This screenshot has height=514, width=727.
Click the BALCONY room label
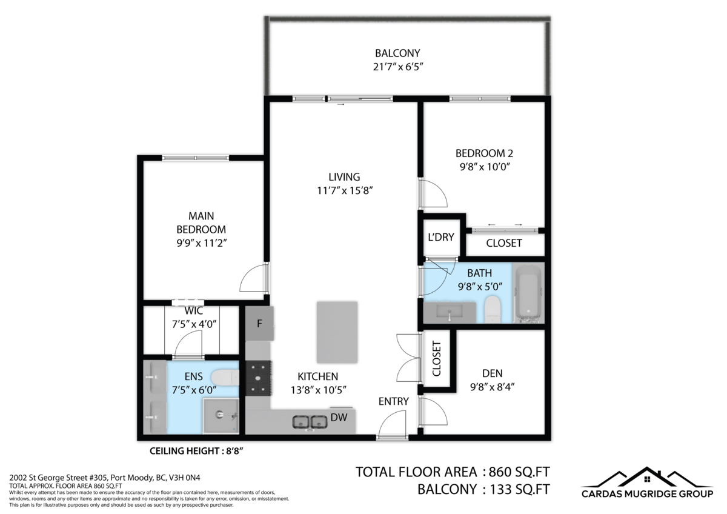click(x=397, y=53)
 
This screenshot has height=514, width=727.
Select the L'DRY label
click(x=440, y=237)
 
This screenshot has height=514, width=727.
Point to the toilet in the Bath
click(x=493, y=310)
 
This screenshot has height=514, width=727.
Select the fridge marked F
click(x=259, y=323)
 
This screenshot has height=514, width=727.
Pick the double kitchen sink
click(x=310, y=422)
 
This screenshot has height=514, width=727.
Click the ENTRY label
click(x=393, y=401)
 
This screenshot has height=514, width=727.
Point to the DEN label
click(x=492, y=373)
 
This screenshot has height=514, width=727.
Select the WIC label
click(x=194, y=311)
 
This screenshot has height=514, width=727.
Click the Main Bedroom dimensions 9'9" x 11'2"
click(x=201, y=242)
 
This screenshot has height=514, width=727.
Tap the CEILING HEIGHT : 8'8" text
click(x=196, y=450)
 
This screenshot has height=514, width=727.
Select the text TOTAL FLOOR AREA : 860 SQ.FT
click(x=453, y=472)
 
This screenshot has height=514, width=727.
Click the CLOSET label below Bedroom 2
click(x=503, y=243)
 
